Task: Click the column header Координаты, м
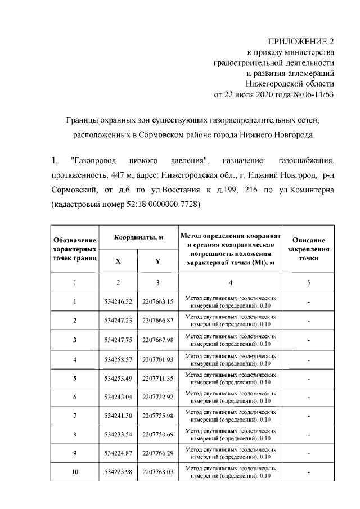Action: (138, 238)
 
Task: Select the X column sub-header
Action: (118, 261)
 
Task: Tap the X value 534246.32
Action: (118, 301)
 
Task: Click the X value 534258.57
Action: (118, 359)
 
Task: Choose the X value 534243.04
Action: (118, 397)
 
